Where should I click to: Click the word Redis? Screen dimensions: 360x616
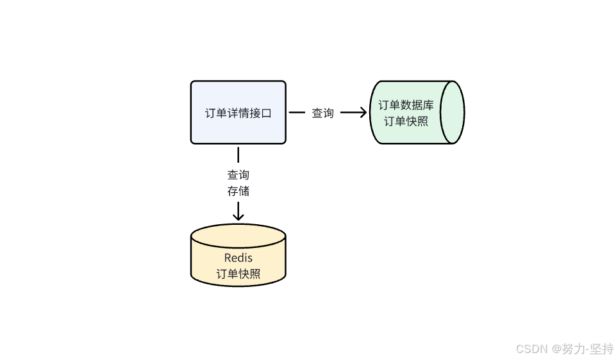(x=238, y=258)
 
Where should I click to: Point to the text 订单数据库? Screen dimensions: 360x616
(x=406, y=105)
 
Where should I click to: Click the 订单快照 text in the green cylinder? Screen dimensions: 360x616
(x=406, y=121)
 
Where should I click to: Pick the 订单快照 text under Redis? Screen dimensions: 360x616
(x=238, y=274)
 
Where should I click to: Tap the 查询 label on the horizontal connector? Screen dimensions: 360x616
(x=322, y=113)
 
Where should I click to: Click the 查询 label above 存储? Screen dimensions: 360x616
(x=238, y=174)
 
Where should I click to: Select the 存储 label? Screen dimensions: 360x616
(x=238, y=191)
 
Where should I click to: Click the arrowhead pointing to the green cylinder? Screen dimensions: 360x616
(x=363, y=113)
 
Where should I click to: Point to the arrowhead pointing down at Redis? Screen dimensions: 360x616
(x=238, y=217)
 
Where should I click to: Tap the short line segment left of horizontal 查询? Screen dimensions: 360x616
(x=297, y=113)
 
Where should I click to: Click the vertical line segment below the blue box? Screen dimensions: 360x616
(x=238, y=154)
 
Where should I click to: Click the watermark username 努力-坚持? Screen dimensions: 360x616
(x=588, y=349)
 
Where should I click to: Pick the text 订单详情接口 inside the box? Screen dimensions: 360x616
(x=238, y=113)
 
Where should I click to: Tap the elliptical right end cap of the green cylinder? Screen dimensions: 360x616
(x=454, y=112)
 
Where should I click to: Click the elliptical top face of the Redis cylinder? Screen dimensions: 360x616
(x=238, y=234)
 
